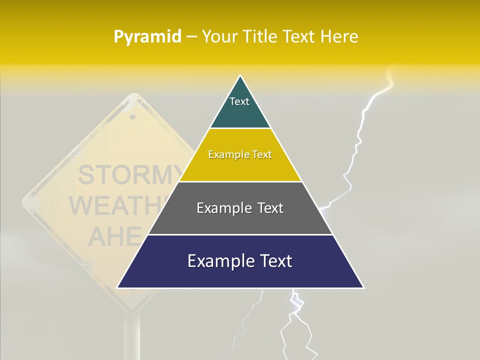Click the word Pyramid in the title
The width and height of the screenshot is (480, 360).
(x=147, y=37)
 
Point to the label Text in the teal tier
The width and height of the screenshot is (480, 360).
(x=239, y=101)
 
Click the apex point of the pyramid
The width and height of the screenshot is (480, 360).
(x=240, y=76)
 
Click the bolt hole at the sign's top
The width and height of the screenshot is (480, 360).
(x=132, y=116)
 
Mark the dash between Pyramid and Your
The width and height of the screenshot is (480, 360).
(x=191, y=37)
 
